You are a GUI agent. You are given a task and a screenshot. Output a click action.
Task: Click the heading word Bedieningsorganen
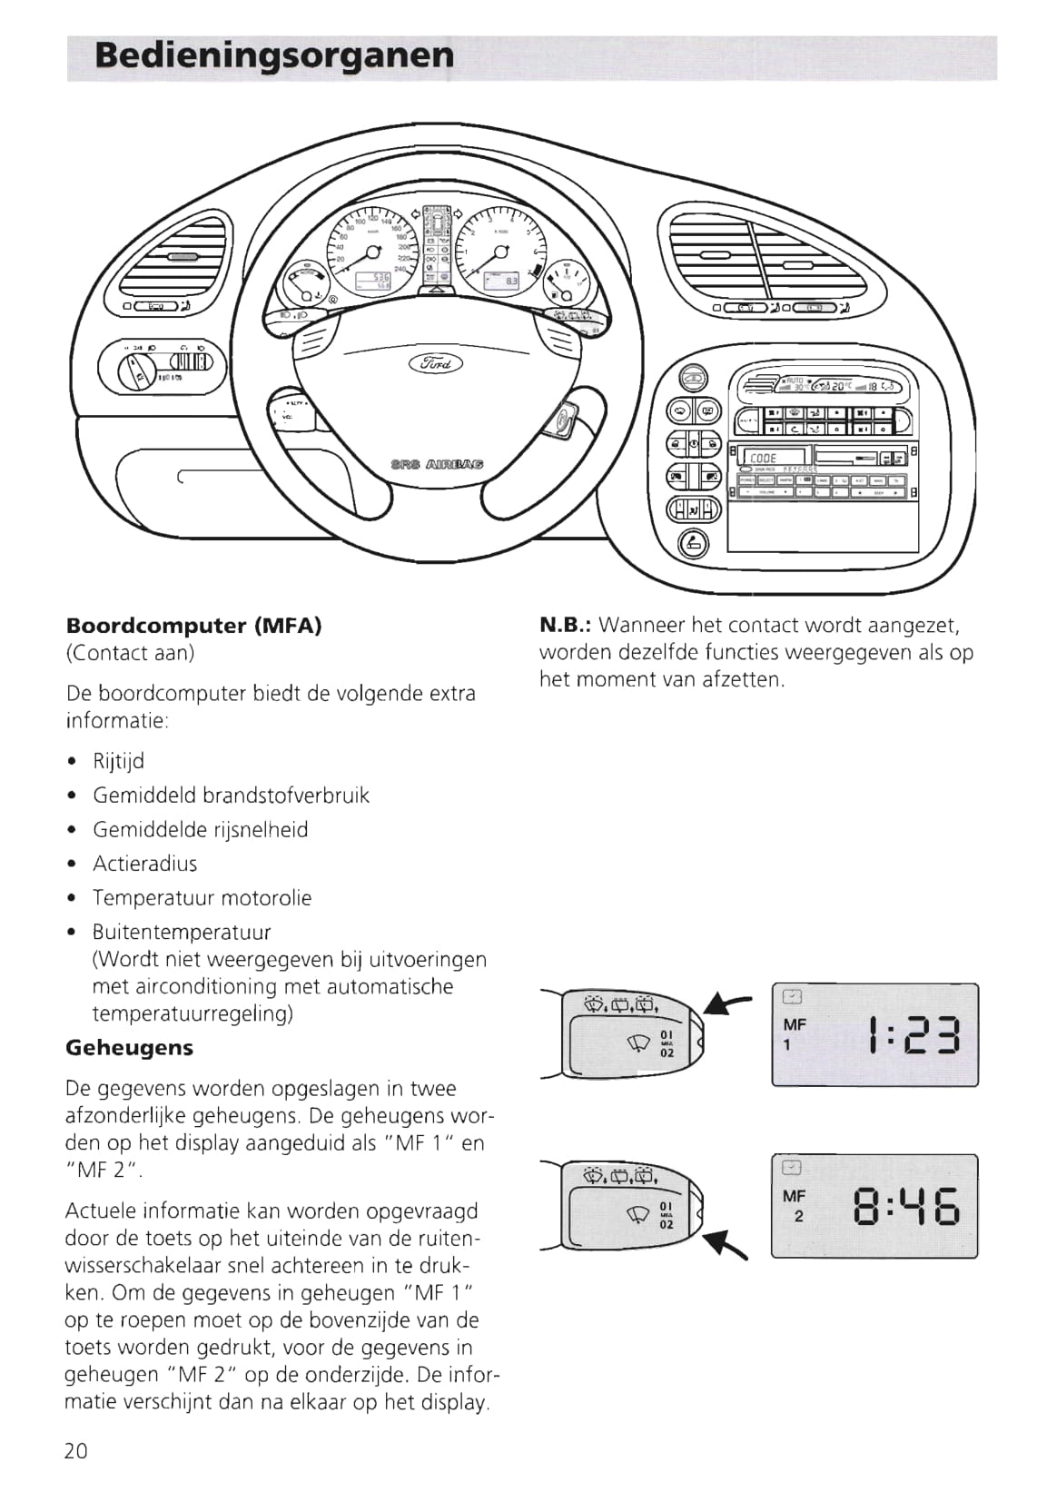coord(274,56)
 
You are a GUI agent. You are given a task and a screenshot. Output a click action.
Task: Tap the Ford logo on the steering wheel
coord(437,363)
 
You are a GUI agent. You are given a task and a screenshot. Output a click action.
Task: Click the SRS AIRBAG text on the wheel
coord(437,463)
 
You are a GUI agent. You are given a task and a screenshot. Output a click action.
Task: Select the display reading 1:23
coord(913,1034)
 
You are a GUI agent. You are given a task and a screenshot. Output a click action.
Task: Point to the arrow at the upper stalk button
coord(730,1003)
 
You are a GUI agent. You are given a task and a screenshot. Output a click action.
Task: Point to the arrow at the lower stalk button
coord(729,1241)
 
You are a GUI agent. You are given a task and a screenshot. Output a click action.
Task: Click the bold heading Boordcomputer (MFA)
coord(193,626)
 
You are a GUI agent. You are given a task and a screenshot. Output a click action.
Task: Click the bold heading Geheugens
coord(129,1047)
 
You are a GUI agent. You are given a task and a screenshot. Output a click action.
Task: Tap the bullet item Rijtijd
coord(118,761)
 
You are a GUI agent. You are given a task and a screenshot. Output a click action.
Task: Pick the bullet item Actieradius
coord(144,864)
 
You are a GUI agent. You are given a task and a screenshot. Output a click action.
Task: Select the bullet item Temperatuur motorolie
coord(202,898)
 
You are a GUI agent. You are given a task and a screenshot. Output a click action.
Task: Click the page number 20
coord(76,1450)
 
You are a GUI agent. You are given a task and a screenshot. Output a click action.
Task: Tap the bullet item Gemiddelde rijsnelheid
coord(200,829)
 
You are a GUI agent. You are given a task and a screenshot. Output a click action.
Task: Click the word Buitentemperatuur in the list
coord(182,932)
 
